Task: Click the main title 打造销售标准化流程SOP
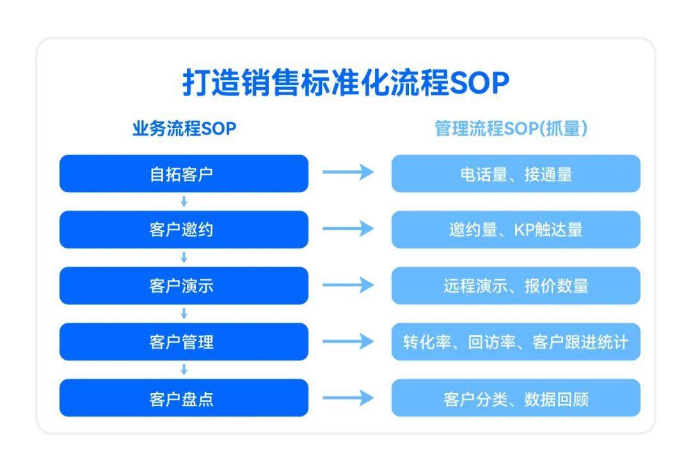click(x=345, y=83)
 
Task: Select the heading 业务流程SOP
click(x=184, y=129)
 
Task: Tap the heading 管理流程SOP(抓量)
click(x=511, y=129)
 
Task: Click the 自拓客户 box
click(x=184, y=174)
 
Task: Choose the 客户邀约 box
click(x=184, y=230)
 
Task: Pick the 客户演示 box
click(x=184, y=286)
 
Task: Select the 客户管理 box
click(x=184, y=342)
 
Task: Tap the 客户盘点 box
click(x=184, y=398)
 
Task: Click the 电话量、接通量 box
click(x=516, y=174)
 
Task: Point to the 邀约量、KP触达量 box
click(x=516, y=230)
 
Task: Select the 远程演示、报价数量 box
click(x=516, y=286)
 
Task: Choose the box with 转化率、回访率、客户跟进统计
click(x=516, y=342)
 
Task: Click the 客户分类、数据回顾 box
click(x=516, y=398)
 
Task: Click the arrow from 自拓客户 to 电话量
click(x=348, y=172)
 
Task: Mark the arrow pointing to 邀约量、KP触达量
click(x=348, y=228)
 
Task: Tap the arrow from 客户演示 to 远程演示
click(x=348, y=284)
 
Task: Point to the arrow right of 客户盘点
click(x=348, y=398)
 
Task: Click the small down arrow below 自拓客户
click(x=184, y=202)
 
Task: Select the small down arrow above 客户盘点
click(x=184, y=370)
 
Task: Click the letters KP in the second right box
click(x=524, y=230)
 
